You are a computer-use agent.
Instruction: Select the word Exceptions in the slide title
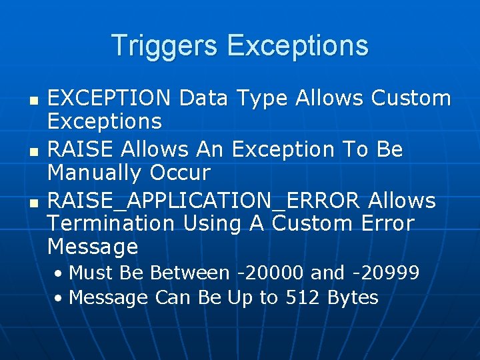pos(297,46)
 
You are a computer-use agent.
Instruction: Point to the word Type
pos(262,99)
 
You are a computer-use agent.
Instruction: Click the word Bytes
pos(353,297)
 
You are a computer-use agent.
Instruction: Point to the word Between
pos(189,273)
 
